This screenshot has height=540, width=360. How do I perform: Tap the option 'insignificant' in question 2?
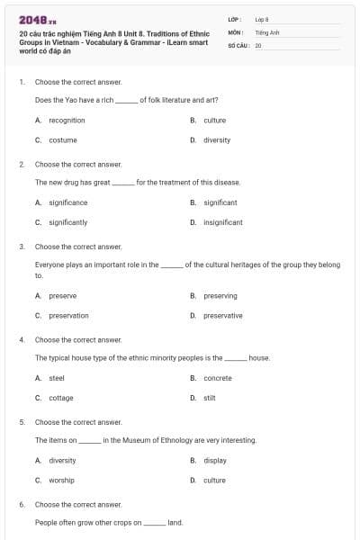[222, 221]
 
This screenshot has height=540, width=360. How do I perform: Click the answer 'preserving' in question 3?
[220, 295]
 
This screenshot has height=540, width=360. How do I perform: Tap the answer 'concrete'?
[218, 378]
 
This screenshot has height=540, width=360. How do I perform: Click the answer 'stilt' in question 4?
[210, 398]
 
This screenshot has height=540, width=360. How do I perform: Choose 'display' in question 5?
[215, 460]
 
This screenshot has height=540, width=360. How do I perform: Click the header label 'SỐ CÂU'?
[238, 43]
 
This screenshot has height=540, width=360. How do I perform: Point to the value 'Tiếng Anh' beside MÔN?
[266, 31]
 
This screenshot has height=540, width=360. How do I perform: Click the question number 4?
[22, 340]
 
